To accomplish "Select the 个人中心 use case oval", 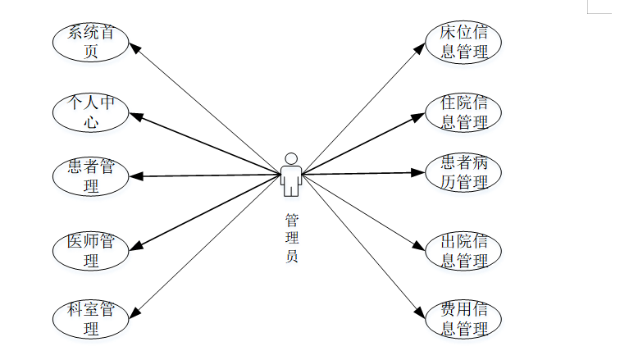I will [90, 112].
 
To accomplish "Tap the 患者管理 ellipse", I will [90, 176].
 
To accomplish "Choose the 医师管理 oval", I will [90, 251].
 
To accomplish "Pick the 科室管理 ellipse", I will [90, 320].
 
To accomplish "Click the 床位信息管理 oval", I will [464, 43].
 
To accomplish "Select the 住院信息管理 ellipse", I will [464, 112].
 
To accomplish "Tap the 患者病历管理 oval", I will [464, 172].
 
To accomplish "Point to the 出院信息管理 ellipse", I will [464, 251].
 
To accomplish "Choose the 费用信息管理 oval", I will [464, 320].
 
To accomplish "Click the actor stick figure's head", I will [290, 158].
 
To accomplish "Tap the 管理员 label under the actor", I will [291, 238].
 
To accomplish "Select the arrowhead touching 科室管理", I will [134, 311].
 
